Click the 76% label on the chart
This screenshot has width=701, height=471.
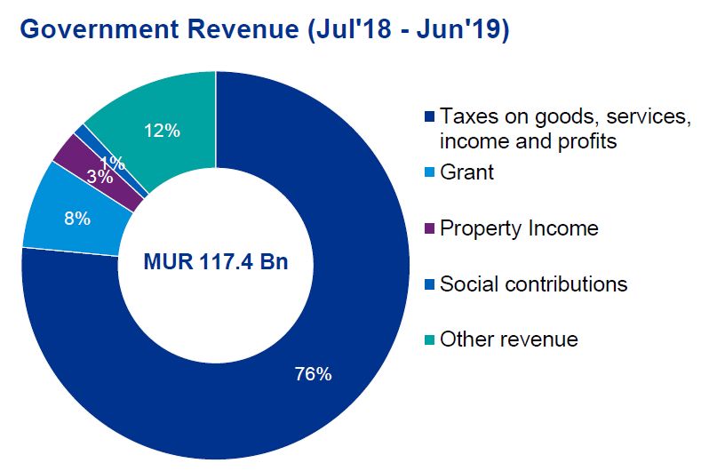tap(313, 374)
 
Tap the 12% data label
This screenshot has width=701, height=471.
tap(162, 131)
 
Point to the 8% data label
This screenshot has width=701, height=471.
tap(78, 218)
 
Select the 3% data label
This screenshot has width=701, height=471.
tap(100, 176)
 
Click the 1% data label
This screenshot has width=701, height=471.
tap(112, 163)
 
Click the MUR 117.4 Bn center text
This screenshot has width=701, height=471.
tap(215, 264)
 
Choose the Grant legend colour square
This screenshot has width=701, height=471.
tap(429, 172)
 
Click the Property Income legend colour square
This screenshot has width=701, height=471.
tap(429, 229)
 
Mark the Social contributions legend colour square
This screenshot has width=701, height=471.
tap(429, 284)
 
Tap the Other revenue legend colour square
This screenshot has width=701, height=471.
tap(429, 339)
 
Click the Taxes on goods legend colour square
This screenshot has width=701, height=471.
tap(429, 117)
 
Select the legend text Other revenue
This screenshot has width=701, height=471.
tap(509, 339)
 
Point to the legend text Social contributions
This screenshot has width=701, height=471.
tap(534, 283)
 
